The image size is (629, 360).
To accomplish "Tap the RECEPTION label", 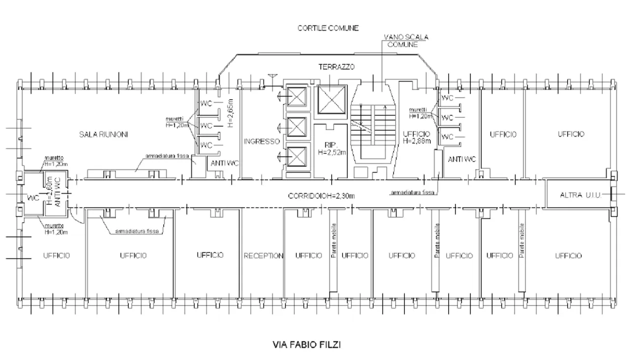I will tap(263, 256).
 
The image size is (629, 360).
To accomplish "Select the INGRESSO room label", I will tap(261, 141).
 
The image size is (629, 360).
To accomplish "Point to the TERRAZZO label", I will tap(336, 67).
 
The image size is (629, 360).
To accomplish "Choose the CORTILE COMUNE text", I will tap(328, 28).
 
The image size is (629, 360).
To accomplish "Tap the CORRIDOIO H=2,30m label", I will tap(321, 196).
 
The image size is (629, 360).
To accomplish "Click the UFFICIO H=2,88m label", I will tap(417, 138).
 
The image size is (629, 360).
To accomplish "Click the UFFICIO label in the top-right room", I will tap(570, 134).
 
